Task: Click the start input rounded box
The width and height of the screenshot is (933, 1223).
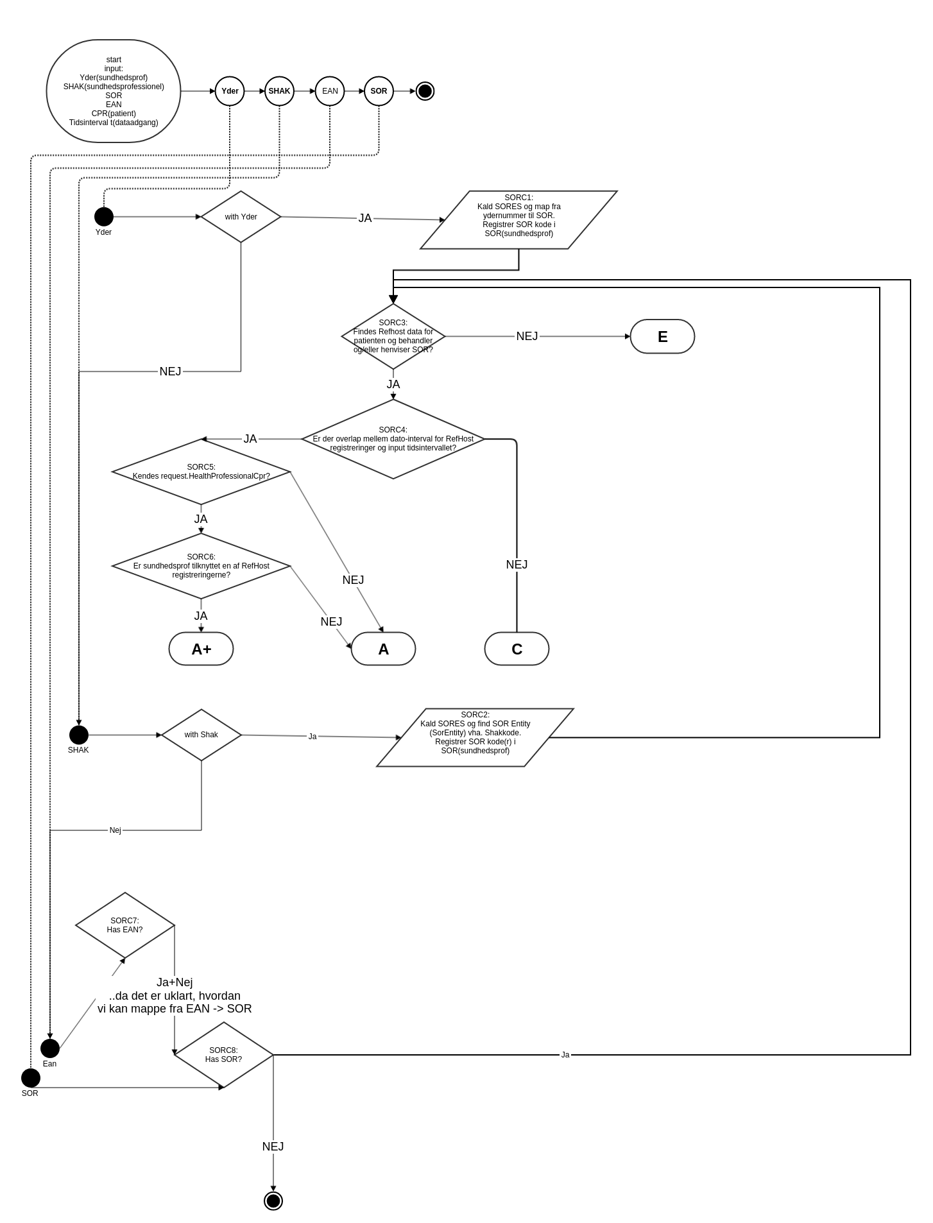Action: pos(114,91)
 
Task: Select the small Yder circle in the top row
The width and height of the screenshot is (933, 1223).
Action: pos(230,91)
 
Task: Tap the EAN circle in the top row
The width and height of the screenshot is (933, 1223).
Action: pos(330,91)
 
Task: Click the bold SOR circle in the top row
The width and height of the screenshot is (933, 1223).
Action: pos(379,91)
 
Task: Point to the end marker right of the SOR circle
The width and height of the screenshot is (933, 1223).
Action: pos(425,91)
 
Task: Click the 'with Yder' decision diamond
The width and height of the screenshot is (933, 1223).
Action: pos(241,217)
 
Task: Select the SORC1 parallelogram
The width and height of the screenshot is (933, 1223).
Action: pos(518,220)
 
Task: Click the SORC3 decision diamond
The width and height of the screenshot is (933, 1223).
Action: pos(393,336)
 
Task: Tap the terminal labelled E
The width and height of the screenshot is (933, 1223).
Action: pos(662,336)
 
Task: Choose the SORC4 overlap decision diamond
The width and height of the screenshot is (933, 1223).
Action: pos(393,439)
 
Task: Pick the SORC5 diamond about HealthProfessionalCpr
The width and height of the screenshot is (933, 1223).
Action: pos(201,472)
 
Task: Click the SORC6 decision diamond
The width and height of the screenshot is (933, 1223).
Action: pos(201,566)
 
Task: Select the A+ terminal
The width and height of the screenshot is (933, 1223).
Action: pos(201,649)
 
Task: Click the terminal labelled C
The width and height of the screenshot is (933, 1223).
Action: pos(517,649)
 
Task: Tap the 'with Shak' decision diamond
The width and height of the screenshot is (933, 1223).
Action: pos(201,735)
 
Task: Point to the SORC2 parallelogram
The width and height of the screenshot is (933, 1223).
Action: pos(475,737)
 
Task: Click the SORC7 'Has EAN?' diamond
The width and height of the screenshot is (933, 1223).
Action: pos(125,925)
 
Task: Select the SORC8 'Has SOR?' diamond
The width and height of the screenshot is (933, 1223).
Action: pos(223,1055)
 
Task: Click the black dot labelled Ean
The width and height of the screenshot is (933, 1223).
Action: pos(50,1048)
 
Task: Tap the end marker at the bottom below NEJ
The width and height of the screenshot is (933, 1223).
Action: pos(273,1201)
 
